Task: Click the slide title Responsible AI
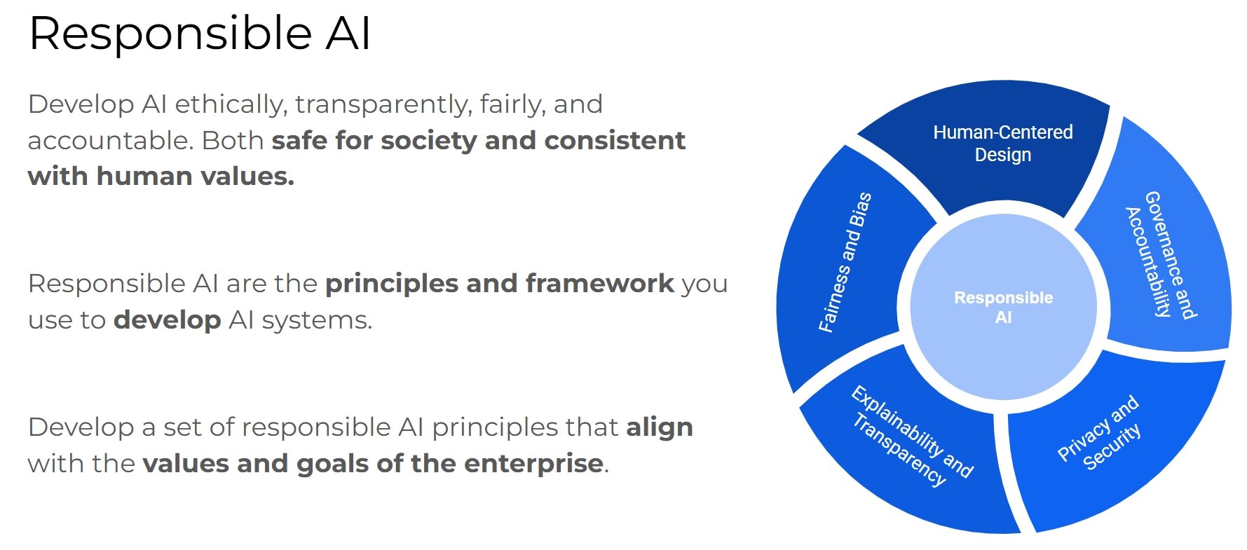tap(200, 33)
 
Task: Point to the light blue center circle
tap(1003, 307)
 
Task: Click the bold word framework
tap(600, 284)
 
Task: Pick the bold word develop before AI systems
tap(168, 321)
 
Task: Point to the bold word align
tap(660, 427)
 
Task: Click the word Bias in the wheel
tap(860, 209)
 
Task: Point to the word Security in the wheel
tap(1112, 447)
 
